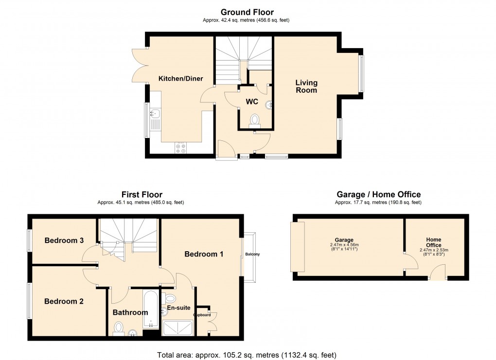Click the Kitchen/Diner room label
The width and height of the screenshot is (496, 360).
(x=180, y=79)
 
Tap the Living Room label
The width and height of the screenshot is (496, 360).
(x=306, y=86)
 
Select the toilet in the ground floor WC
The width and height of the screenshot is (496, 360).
(x=255, y=120)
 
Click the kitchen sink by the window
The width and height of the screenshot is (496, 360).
(x=155, y=115)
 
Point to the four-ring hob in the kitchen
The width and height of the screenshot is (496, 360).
(x=180, y=148)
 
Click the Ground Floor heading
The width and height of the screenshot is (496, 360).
(x=247, y=12)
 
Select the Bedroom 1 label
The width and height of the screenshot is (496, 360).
(x=204, y=254)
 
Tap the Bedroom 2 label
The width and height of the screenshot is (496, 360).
(x=64, y=301)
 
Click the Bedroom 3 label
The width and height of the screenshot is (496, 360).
(x=64, y=240)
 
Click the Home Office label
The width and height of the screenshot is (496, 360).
(x=433, y=242)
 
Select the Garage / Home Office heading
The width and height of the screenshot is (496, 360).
(x=378, y=194)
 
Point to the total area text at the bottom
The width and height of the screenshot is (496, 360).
(x=247, y=355)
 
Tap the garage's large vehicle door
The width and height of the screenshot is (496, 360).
(x=297, y=246)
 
